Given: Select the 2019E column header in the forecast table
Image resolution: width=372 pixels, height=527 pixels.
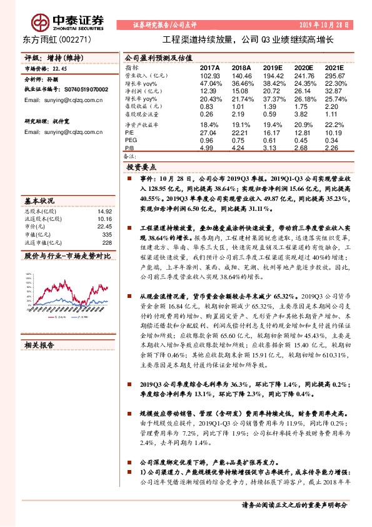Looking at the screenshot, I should [x=273, y=67].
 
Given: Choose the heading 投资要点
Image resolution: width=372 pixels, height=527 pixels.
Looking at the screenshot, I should [x=142, y=168].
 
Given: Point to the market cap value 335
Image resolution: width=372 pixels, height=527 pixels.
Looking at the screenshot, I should [x=107, y=234].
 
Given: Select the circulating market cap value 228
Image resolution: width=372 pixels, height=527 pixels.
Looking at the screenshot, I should [x=107, y=242].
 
